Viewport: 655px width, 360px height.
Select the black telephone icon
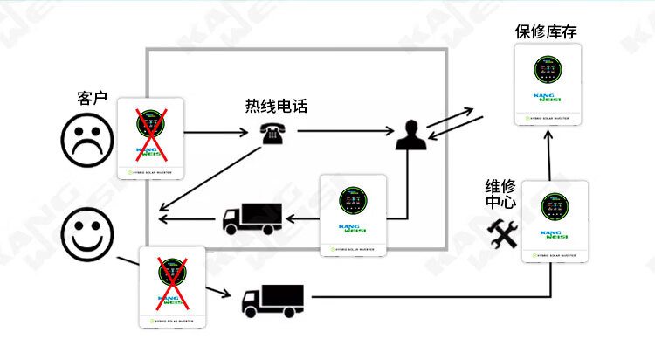point(269,134)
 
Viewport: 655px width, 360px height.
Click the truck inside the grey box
point(253,218)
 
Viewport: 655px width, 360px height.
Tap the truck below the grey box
point(272,298)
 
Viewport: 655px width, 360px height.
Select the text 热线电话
point(276,107)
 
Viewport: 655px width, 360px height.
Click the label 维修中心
point(501,195)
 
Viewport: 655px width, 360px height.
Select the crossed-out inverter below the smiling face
point(172,287)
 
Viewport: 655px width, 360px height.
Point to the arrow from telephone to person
point(344,132)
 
